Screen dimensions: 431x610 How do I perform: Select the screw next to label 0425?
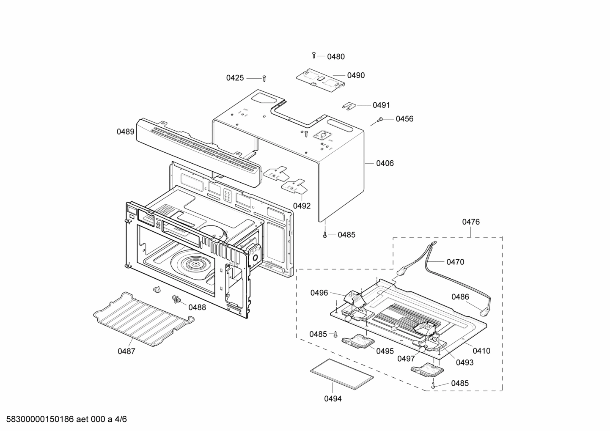pos(264,79)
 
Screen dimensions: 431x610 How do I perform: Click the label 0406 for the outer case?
pos(385,163)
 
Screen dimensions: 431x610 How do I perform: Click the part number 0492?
pos(302,206)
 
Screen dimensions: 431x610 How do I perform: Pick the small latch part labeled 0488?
pos(176,299)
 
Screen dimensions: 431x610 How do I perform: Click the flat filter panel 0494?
pos(342,374)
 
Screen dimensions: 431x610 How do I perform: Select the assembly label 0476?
pos(471,222)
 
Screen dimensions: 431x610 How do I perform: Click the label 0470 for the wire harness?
pos(455,262)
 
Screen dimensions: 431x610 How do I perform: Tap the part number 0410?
pos(481,351)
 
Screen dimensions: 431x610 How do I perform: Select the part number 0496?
pos(319,293)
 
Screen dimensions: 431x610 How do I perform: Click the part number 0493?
pos(464,362)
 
